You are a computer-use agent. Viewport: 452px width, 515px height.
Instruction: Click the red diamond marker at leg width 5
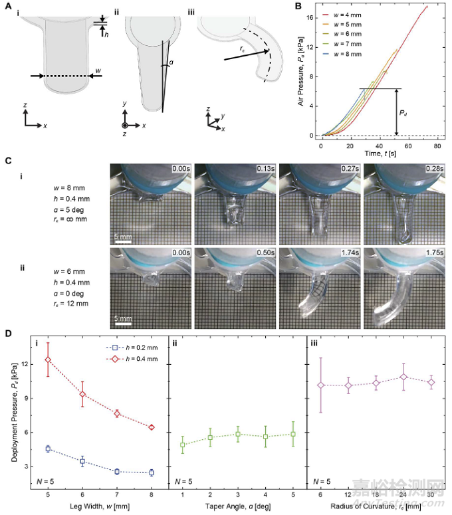tap(48, 360)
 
